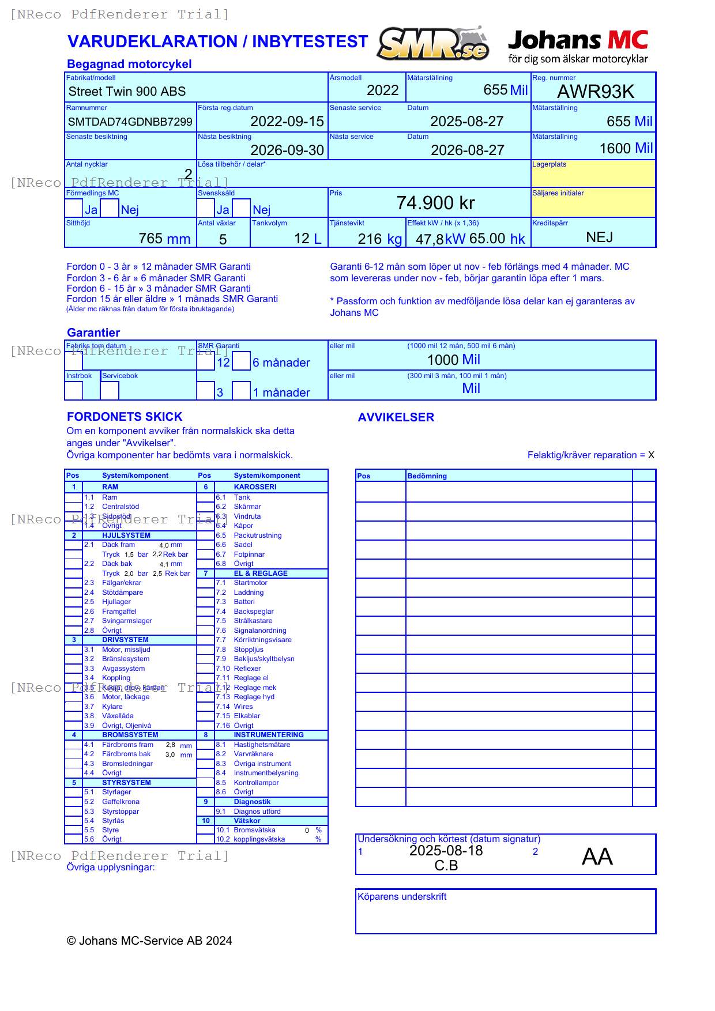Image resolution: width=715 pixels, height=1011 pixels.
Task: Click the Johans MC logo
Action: click(x=578, y=46)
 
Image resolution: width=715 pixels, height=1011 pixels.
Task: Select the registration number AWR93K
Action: click(x=595, y=92)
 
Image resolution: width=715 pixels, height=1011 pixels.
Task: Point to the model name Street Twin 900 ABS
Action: click(x=127, y=92)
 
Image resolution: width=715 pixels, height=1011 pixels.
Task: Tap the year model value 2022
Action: click(x=382, y=90)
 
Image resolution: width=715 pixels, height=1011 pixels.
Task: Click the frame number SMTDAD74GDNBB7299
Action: click(x=130, y=122)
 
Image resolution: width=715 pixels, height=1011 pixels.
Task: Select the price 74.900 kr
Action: click(x=435, y=203)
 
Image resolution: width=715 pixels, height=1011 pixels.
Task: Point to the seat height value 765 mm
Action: click(x=164, y=239)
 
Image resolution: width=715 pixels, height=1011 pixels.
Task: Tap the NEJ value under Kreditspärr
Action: click(x=599, y=237)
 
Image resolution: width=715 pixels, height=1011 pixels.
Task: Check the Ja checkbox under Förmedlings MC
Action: click(x=74, y=208)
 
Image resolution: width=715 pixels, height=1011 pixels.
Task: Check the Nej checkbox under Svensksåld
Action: click(x=242, y=208)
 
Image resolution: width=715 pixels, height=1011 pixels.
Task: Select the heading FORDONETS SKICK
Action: click(x=125, y=417)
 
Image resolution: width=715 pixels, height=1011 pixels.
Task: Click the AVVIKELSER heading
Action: click(x=396, y=417)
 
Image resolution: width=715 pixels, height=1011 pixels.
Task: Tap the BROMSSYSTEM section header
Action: click(x=130, y=735)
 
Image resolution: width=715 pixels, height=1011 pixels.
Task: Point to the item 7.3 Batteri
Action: click(x=243, y=602)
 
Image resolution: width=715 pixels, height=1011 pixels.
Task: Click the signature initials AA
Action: click(x=597, y=857)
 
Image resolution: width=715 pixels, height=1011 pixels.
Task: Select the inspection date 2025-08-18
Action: click(x=446, y=851)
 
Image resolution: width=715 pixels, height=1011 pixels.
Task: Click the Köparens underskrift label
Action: click(x=402, y=897)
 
